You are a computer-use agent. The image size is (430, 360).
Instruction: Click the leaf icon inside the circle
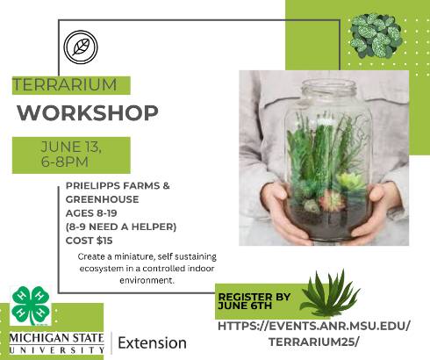pyautogui.click(x=81, y=47)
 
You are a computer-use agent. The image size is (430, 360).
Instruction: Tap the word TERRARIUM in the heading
pyautogui.click(x=65, y=85)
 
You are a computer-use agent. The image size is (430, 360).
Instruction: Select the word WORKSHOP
pyautogui.click(x=88, y=112)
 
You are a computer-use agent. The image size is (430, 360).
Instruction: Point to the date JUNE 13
pyautogui.click(x=71, y=147)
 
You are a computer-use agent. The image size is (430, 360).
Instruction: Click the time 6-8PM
pyautogui.click(x=65, y=162)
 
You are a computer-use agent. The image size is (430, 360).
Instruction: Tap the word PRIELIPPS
pyautogui.click(x=92, y=185)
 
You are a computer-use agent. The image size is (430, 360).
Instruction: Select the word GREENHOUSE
pyautogui.click(x=102, y=199)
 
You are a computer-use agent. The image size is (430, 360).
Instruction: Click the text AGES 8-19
pyautogui.click(x=91, y=213)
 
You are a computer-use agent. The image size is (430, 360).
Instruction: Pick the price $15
pyautogui.click(x=104, y=241)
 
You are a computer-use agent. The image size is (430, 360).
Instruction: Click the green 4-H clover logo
pyautogui.click(x=31, y=306)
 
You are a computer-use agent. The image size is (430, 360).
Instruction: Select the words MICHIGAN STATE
pyautogui.click(x=56, y=338)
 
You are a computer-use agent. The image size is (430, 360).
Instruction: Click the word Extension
pyautogui.click(x=152, y=342)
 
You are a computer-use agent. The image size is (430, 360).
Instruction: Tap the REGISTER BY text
pyautogui.click(x=254, y=297)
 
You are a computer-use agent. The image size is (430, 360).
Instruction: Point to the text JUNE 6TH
pyautogui.click(x=245, y=306)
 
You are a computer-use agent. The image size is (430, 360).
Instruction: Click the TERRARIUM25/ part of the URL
pyautogui.click(x=313, y=342)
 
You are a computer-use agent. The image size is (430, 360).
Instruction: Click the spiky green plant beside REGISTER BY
pyautogui.click(x=330, y=293)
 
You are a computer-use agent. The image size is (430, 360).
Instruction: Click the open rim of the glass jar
pyautogui.click(x=329, y=85)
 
